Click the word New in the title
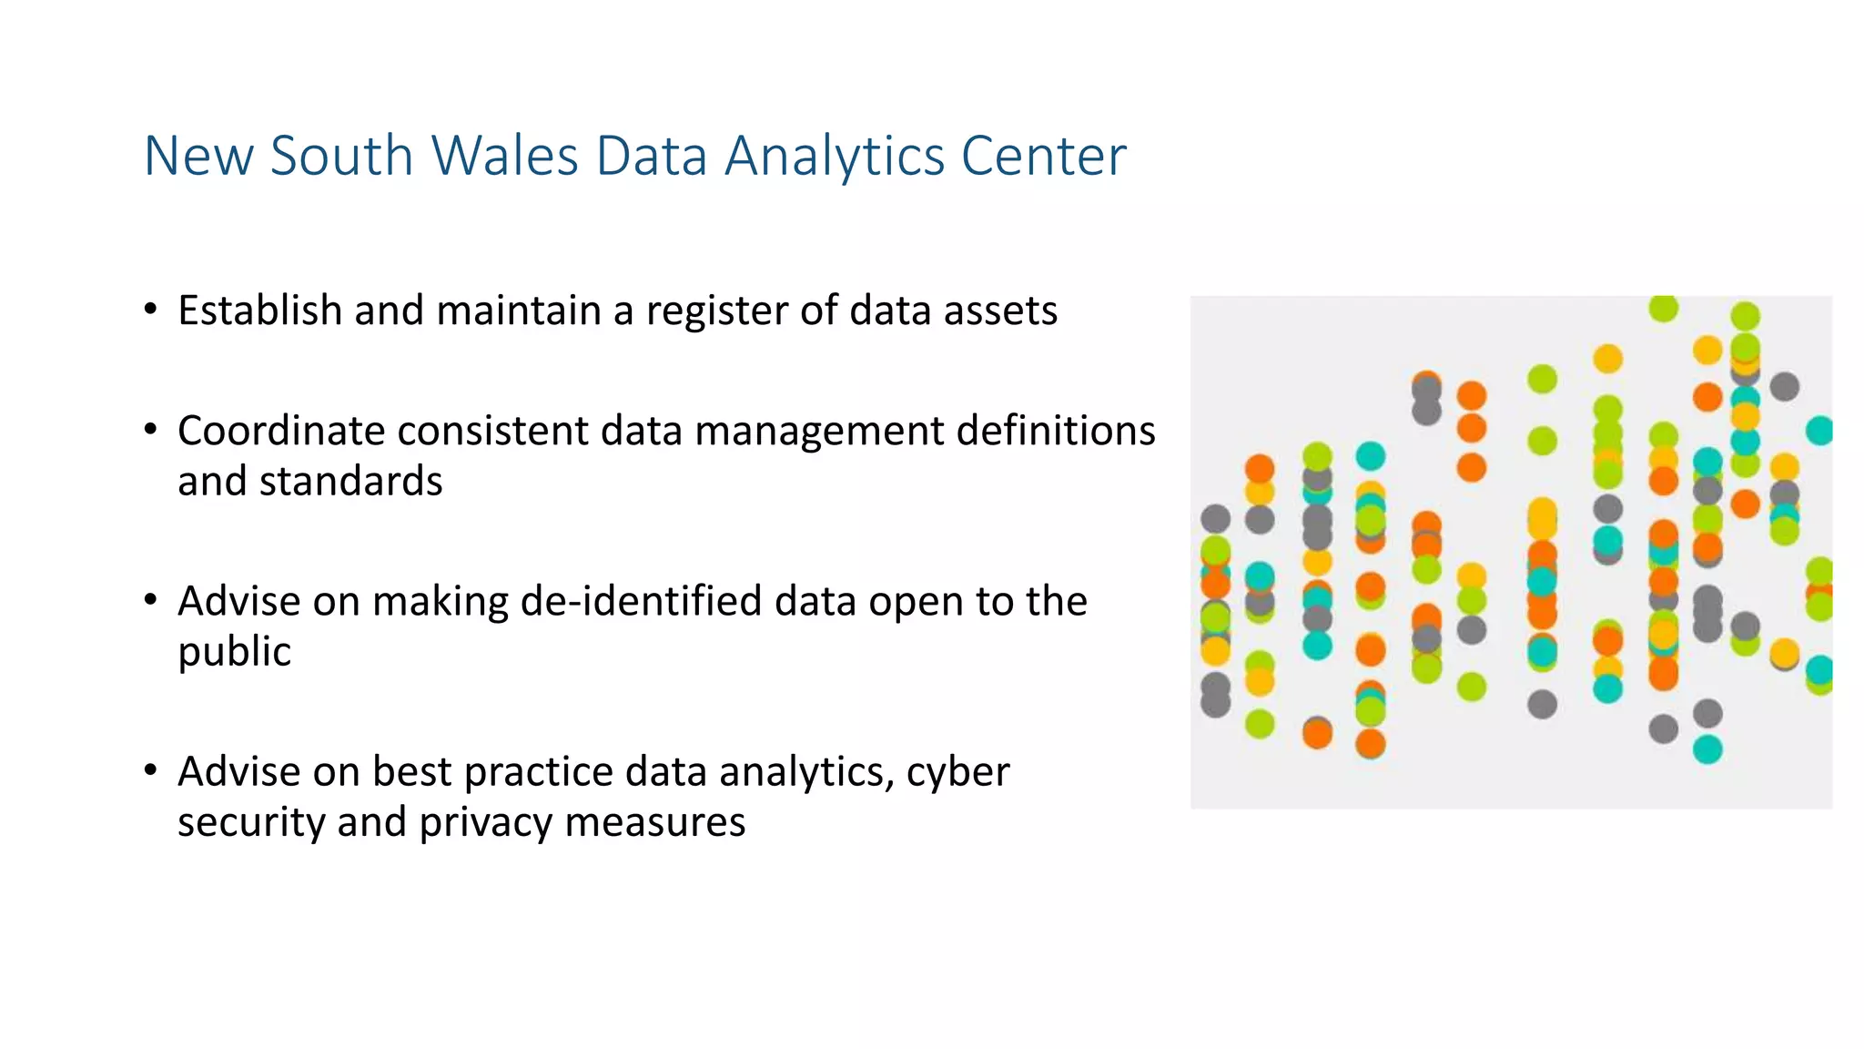[x=199, y=156]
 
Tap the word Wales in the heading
[x=504, y=156]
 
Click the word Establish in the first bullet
[x=259, y=311]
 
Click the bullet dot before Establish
[x=151, y=309]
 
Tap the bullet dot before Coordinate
[x=151, y=429]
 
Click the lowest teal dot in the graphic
[x=1707, y=749]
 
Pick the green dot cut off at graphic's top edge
[x=1663, y=307]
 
